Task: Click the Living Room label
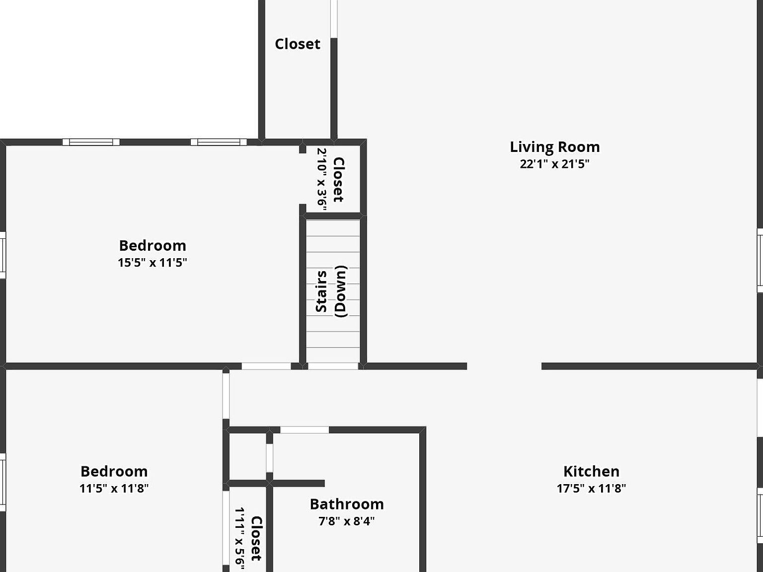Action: click(555, 147)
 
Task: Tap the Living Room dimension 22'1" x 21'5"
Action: click(555, 164)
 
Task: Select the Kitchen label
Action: click(591, 471)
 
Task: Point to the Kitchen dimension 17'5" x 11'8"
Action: click(591, 488)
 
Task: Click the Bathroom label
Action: click(347, 504)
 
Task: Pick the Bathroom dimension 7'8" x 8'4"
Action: click(347, 521)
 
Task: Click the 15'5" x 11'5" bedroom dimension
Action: click(153, 262)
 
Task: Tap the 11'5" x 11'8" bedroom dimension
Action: click(114, 488)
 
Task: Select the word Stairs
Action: click(321, 291)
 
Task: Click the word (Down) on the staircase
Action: click(341, 291)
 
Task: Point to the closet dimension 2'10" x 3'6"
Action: click(321, 179)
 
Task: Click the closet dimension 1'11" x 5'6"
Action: click(240, 539)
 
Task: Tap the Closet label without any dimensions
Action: click(298, 44)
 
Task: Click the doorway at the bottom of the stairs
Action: click(333, 366)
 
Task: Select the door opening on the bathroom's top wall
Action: click(305, 429)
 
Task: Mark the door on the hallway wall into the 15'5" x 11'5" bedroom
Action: click(266, 366)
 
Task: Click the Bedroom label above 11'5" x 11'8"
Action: click(114, 471)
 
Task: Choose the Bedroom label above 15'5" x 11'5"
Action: click(153, 246)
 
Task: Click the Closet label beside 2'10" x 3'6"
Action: click(339, 180)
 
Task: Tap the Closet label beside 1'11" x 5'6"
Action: click(256, 538)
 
